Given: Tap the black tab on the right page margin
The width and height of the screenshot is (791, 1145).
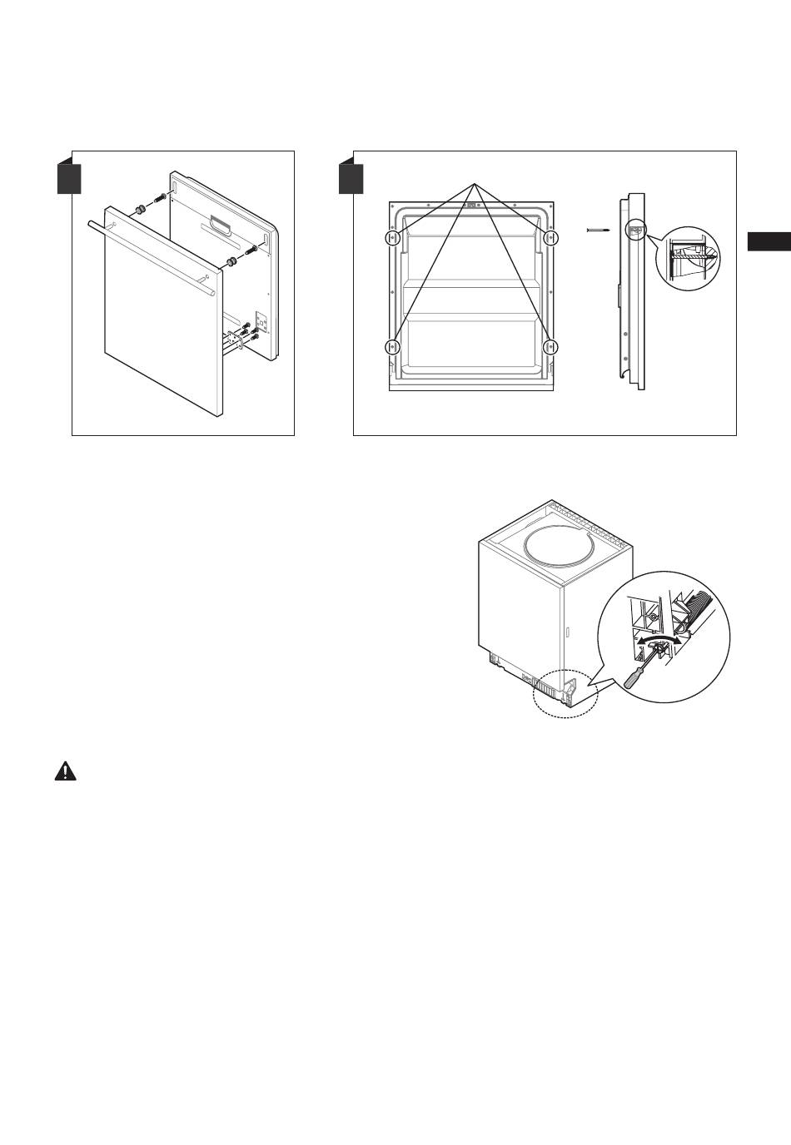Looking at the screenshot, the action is (768, 241).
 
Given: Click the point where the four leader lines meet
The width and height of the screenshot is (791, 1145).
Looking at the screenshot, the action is (475, 182).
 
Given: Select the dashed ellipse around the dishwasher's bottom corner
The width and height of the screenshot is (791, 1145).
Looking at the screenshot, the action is (565, 692).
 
